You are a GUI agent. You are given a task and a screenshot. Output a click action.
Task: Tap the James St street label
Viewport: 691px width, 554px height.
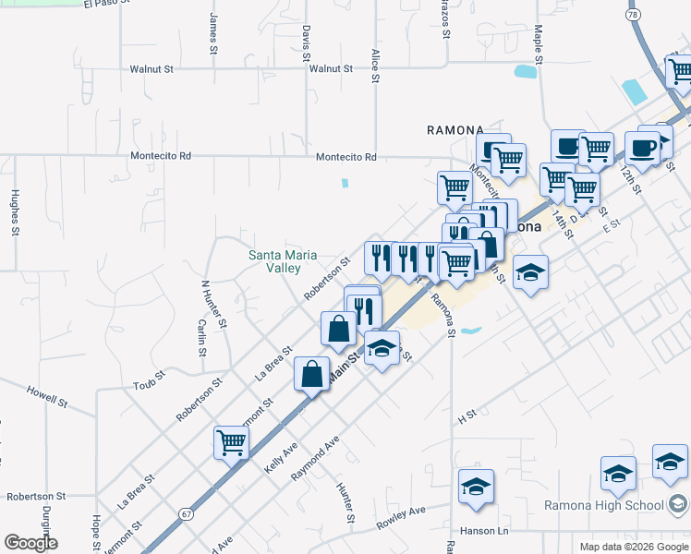213,30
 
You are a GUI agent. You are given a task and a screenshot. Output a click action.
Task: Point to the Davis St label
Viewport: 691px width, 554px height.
305,43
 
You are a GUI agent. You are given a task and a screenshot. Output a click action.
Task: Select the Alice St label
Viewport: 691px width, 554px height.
375,66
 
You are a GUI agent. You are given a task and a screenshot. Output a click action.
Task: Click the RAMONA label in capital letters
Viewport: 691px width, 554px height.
455,130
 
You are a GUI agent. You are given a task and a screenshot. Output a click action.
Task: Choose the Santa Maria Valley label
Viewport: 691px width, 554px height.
284,261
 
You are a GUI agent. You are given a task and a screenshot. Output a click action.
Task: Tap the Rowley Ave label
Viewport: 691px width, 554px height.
401,517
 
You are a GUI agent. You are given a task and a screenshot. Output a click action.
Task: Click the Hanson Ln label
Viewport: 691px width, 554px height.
484,531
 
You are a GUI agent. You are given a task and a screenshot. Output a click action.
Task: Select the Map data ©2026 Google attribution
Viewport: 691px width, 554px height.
633,547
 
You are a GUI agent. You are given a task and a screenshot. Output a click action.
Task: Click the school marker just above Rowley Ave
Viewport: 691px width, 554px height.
476,487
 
